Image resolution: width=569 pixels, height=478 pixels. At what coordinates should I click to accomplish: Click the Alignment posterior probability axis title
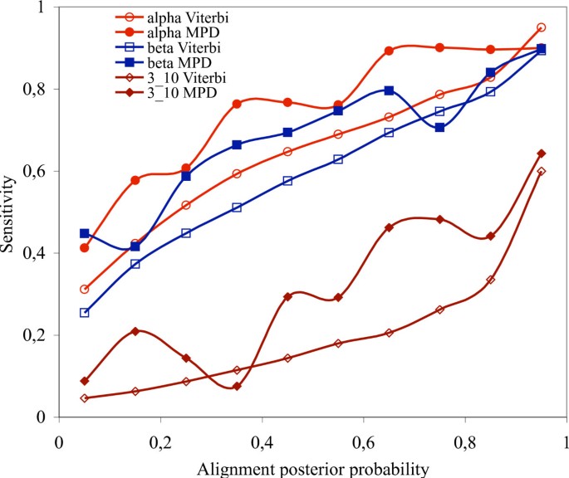pos(312,468)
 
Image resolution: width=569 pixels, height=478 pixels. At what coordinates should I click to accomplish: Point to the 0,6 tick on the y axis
pos(37,171)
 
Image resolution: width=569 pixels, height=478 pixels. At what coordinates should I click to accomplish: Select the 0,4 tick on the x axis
pos(262,438)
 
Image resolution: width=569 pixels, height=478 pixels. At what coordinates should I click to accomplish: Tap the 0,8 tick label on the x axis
pos(465,438)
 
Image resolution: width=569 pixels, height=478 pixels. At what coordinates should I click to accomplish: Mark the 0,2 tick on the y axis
pos(37,335)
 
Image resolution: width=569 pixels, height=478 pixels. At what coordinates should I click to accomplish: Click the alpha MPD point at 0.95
pos(541,48)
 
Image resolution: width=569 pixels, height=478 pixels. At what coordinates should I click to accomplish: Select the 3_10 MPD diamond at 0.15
pos(135,331)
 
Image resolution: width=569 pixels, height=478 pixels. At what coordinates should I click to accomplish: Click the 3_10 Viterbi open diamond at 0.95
pos(541,171)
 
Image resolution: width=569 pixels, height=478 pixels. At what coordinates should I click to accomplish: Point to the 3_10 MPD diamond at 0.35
pos(237,386)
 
